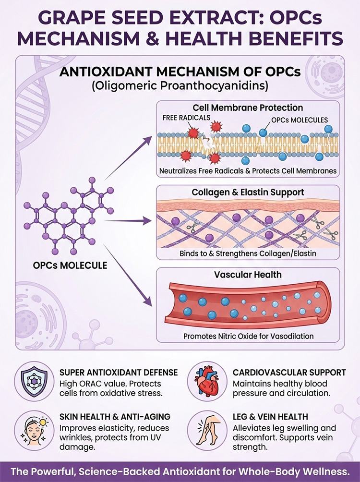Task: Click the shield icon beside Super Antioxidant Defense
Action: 34,381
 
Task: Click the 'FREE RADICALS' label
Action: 186,118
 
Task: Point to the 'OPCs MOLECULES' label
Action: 300,120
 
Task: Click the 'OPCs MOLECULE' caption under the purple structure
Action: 70,265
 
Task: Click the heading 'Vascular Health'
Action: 248,274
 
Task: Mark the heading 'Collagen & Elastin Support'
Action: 248,192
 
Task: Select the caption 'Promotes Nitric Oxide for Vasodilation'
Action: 249,336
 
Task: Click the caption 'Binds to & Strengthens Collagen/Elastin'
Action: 248,253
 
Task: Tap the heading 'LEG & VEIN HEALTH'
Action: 270,417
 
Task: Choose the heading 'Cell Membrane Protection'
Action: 248,108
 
